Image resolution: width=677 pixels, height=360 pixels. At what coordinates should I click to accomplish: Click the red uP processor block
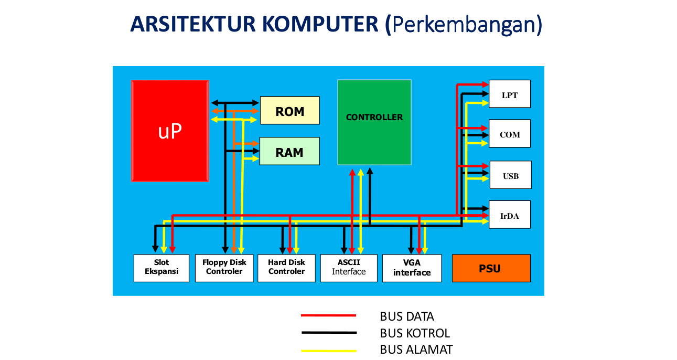pyautogui.click(x=170, y=131)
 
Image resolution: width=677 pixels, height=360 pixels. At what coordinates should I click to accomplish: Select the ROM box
pyautogui.click(x=289, y=110)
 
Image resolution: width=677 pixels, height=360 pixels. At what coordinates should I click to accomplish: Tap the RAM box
pyautogui.click(x=289, y=151)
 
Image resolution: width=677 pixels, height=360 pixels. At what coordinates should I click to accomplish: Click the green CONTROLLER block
pyautogui.click(x=374, y=122)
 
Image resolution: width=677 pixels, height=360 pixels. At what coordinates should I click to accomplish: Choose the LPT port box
pyautogui.click(x=509, y=94)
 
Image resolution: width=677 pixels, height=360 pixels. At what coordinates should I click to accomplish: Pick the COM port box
pyautogui.click(x=509, y=134)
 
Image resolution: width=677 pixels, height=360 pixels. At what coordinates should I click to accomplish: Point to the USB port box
pyautogui.click(x=510, y=175)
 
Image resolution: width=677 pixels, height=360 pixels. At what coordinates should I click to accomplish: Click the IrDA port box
pyautogui.click(x=509, y=215)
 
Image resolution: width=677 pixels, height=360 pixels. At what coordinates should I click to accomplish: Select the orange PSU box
pyautogui.click(x=491, y=268)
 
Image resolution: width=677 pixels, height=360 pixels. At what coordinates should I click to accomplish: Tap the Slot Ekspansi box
pyautogui.click(x=161, y=268)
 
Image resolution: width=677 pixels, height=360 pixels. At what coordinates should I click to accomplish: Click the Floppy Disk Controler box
pyautogui.click(x=224, y=268)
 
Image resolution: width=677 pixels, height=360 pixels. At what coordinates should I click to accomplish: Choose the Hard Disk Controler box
pyautogui.click(x=286, y=268)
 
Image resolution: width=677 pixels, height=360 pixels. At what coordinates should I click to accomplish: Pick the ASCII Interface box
pyautogui.click(x=349, y=268)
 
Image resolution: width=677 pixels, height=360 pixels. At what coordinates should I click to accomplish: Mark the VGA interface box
pyautogui.click(x=412, y=268)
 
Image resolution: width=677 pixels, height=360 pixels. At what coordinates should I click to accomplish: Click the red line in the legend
pyautogui.click(x=328, y=315)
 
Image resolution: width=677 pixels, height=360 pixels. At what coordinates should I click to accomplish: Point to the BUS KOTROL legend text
pyautogui.click(x=414, y=333)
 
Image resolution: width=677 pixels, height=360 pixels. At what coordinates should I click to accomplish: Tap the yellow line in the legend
pyautogui.click(x=328, y=351)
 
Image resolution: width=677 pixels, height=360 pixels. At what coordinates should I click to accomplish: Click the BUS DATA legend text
pyautogui.click(x=407, y=316)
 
